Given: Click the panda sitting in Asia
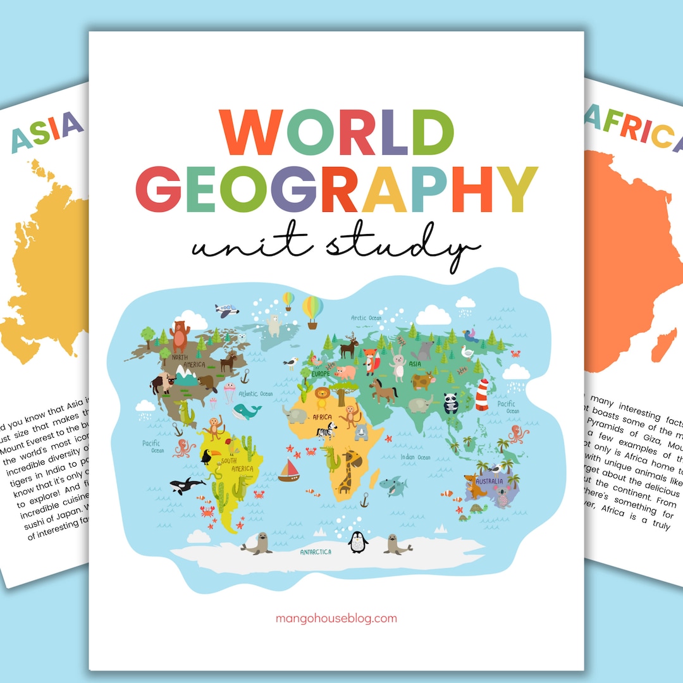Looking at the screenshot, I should coord(450,403).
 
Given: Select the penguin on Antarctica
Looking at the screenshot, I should coord(358,542).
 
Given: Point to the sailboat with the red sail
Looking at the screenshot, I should coord(289,471).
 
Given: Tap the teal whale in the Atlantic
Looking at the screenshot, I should coord(246,412).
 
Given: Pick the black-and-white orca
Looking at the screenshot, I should coord(187,485).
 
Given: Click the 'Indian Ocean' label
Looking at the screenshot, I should coord(415,457).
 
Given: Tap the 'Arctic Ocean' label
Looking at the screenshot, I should coord(367,318).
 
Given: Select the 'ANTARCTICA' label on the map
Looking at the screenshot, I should coord(316,551).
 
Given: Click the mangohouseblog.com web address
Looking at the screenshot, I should coord(336,618).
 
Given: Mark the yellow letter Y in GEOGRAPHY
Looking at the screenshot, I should coord(513,188).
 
